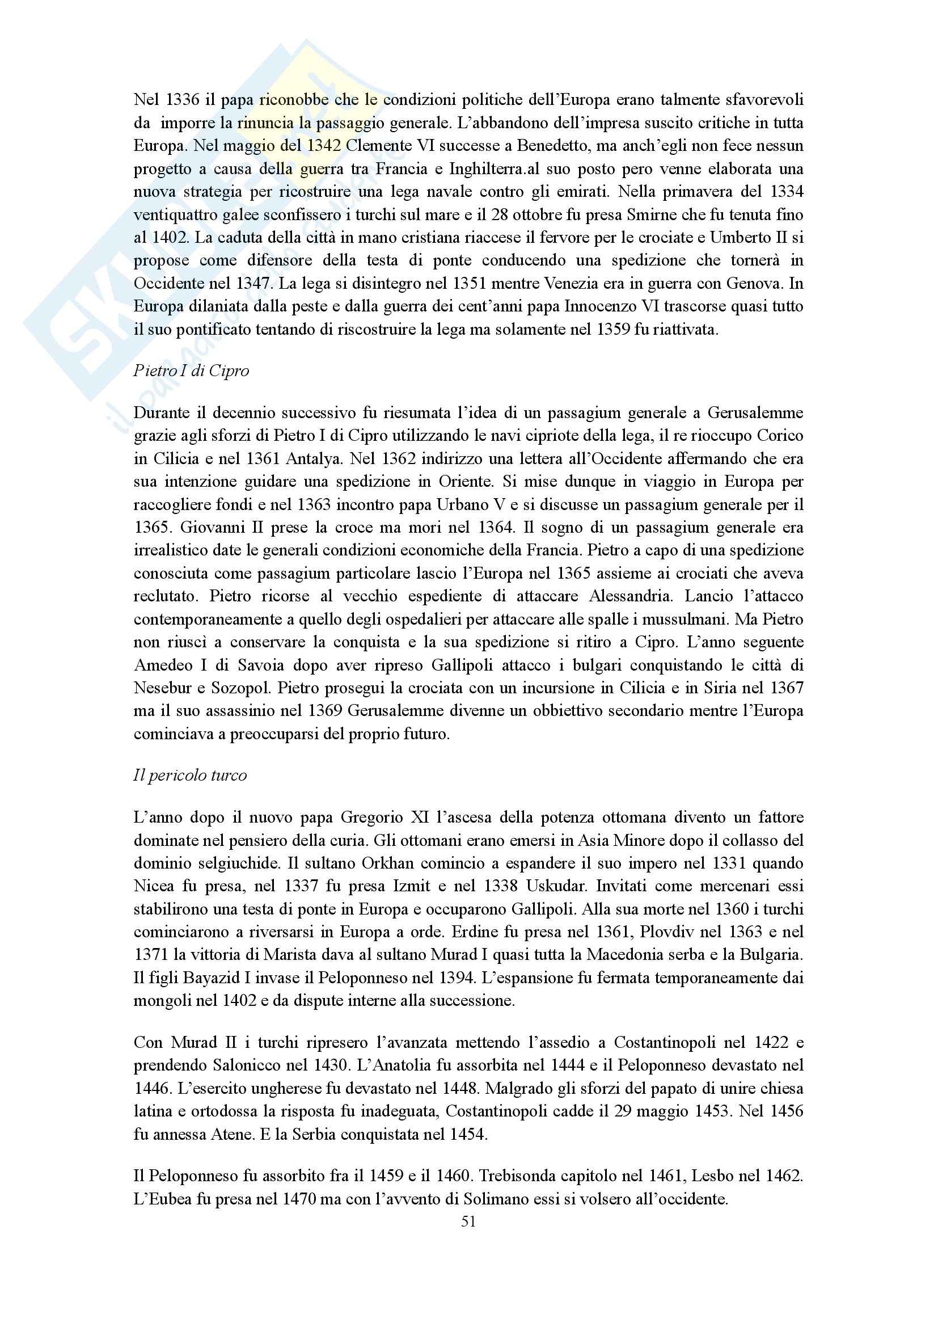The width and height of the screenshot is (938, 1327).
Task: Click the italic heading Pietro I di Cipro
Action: point(191,370)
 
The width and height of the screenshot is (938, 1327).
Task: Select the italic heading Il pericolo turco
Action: point(190,775)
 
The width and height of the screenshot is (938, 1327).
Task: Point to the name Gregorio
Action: point(371,817)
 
